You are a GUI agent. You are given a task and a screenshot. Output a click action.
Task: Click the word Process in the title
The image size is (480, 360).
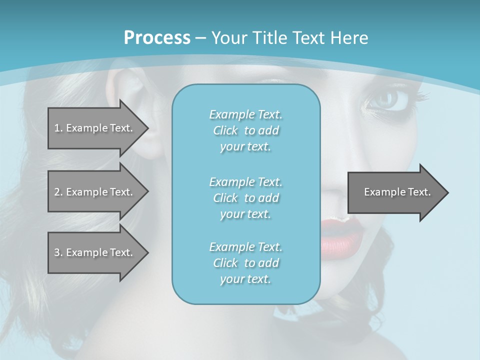pos(157,38)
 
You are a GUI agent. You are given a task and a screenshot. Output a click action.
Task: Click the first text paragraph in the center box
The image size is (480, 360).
pos(245,130)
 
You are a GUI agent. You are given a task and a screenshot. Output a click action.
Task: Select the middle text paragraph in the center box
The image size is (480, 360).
pos(245,197)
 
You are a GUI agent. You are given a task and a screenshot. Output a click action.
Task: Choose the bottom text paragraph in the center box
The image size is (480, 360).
pos(245,263)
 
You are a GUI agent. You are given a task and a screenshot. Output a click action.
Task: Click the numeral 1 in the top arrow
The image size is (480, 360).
pos(56,128)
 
